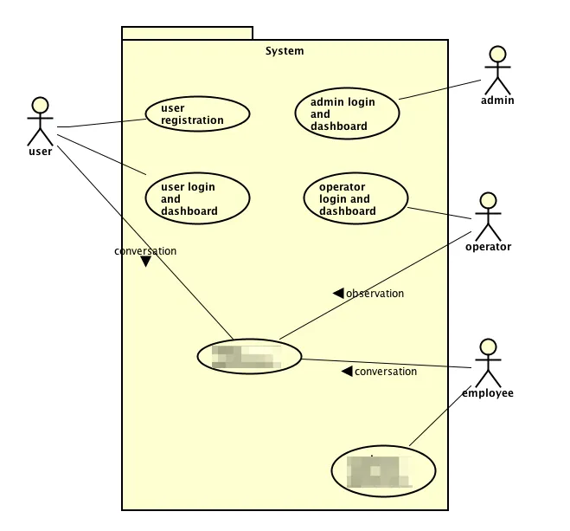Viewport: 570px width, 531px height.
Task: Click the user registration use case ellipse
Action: click(198, 113)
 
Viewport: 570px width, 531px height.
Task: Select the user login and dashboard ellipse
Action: click(198, 198)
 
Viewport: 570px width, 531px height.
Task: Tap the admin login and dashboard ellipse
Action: click(348, 113)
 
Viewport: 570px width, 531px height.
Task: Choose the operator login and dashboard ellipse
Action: click(356, 198)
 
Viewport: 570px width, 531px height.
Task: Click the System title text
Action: click(285, 51)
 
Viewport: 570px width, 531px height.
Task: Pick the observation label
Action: click(375, 294)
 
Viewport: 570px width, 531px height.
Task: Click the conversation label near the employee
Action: click(386, 372)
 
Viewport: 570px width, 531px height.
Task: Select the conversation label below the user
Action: click(145, 251)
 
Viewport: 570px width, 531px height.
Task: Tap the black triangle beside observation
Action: click(338, 294)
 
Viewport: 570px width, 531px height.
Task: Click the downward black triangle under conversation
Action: click(145, 262)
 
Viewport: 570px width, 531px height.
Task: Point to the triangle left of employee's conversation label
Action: click(347, 372)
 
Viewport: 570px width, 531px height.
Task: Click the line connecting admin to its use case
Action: click(439, 89)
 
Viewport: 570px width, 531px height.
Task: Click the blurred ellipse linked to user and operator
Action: click(249, 356)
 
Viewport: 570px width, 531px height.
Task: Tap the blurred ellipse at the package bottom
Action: click(383, 471)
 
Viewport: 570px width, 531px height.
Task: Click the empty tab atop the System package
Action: click(187, 33)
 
